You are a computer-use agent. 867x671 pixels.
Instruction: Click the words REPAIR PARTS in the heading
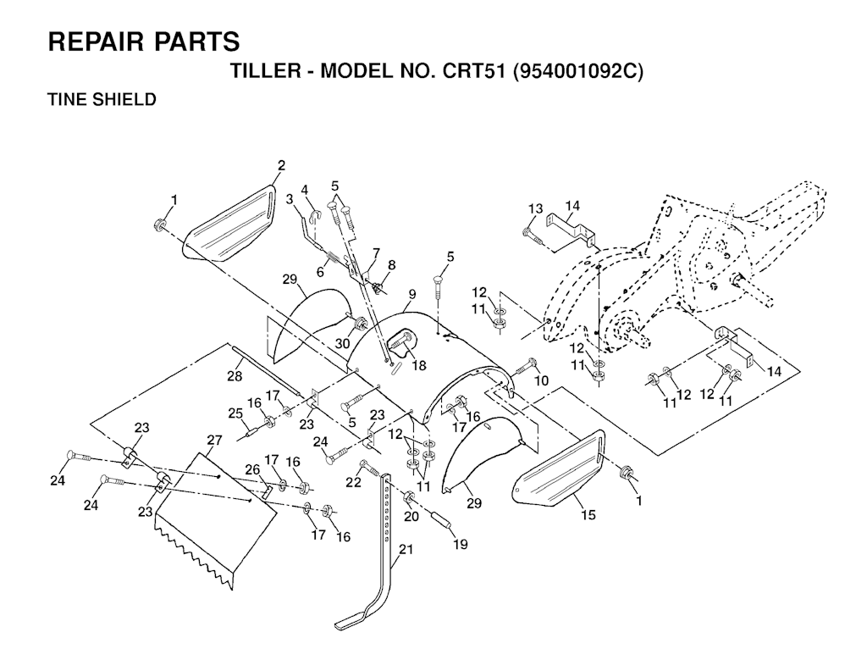(144, 42)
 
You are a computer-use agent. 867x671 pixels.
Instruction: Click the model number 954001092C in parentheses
(578, 72)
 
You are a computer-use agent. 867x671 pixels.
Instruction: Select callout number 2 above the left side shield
(281, 165)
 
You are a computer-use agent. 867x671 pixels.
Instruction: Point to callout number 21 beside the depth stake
(406, 549)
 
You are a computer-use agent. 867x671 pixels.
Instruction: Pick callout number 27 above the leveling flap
(214, 440)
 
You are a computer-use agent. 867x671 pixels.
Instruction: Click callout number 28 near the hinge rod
(235, 376)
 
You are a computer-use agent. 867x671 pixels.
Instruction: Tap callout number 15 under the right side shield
(588, 514)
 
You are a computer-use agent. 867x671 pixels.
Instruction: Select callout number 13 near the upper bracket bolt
(535, 208)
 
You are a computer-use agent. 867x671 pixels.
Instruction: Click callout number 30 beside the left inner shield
(342, 343)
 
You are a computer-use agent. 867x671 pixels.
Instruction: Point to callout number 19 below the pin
(460, 544)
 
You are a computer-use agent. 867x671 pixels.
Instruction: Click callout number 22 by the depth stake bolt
(353, 482)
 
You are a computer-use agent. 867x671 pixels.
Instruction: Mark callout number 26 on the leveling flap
(252, 469)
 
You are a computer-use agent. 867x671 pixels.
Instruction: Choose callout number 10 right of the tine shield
(541, 380)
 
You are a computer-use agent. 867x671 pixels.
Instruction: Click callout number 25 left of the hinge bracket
(235, 413)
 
